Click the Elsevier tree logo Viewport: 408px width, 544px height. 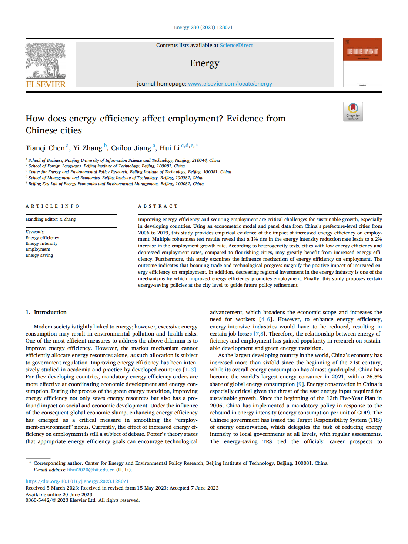[x=46, y=60]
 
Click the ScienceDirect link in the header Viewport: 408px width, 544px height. [x=236, y=45]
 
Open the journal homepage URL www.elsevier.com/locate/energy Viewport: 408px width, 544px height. [x=230, y=84]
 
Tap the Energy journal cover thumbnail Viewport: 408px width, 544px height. [x=362, y=63]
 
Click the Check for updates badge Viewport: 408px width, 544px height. [x=353, y=111]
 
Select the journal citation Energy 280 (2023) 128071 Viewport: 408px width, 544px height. [x=203, y=27]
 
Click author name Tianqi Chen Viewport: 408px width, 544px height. [x=45, y=148]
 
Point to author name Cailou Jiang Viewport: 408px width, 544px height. [x=131, y=148]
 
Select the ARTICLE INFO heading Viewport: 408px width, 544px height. [x=53, y=206]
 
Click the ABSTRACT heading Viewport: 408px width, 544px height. [x=158, y=206]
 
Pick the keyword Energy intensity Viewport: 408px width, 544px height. [x=41, y=243]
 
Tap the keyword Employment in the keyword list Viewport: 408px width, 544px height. [x=38, y=249]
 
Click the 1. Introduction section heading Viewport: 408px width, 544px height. [x=46, y=312]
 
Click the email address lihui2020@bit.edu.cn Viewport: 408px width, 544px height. [x=91, y=470]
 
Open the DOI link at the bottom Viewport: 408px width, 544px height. [x=77, y=481]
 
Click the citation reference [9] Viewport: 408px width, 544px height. [x=300, y=384]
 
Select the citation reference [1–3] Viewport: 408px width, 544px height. [x=190, y=370]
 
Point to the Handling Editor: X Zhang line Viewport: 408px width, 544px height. [x=50, y=219]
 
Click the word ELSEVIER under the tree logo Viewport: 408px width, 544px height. [x=46, y=84]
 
